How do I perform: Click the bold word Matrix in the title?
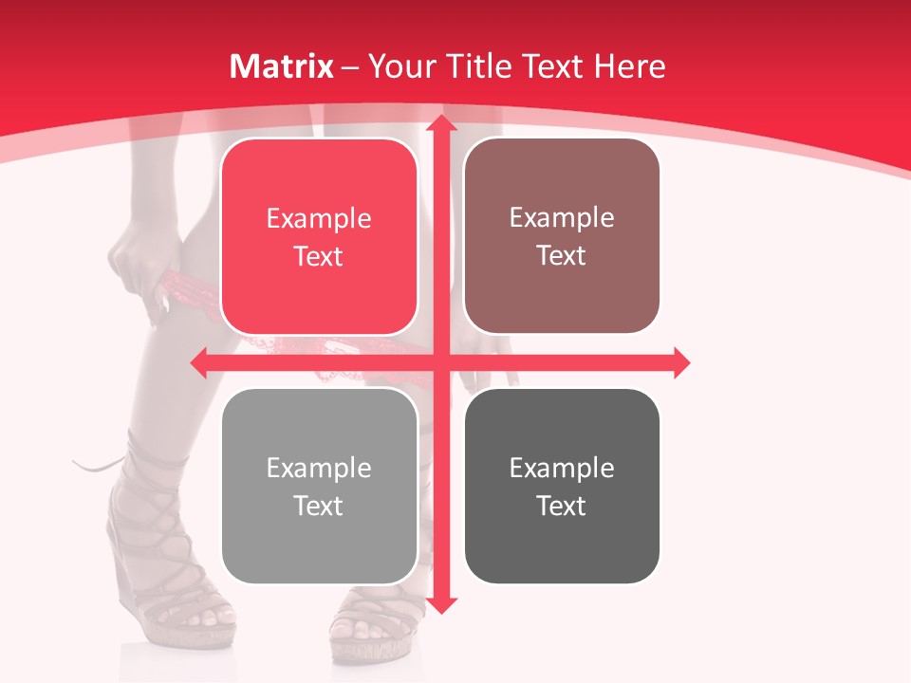pos(282,66)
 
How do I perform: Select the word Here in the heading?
pos(630,66)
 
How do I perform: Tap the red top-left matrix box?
pos(319,237)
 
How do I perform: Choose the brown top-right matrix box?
pos(562,237)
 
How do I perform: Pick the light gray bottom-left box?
pos(319,487)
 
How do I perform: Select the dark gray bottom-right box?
pos(562,487)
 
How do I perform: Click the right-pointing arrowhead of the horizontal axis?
pos(681,362)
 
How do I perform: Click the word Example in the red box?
pos(319,219)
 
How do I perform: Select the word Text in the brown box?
pos(562,256)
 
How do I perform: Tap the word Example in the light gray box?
pos(319,469)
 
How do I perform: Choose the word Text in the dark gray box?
pos(562,506)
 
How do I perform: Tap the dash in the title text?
pos(350,67)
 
